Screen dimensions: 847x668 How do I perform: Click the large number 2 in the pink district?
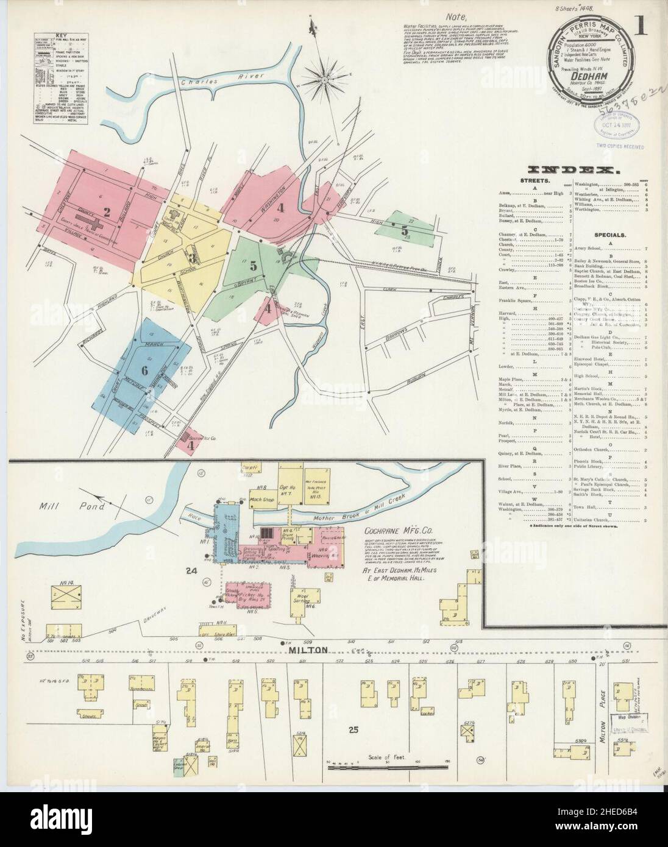[107, 212]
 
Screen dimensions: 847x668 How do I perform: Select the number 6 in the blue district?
[144, 370]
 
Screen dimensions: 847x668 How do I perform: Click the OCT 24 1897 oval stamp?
[615, 129]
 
